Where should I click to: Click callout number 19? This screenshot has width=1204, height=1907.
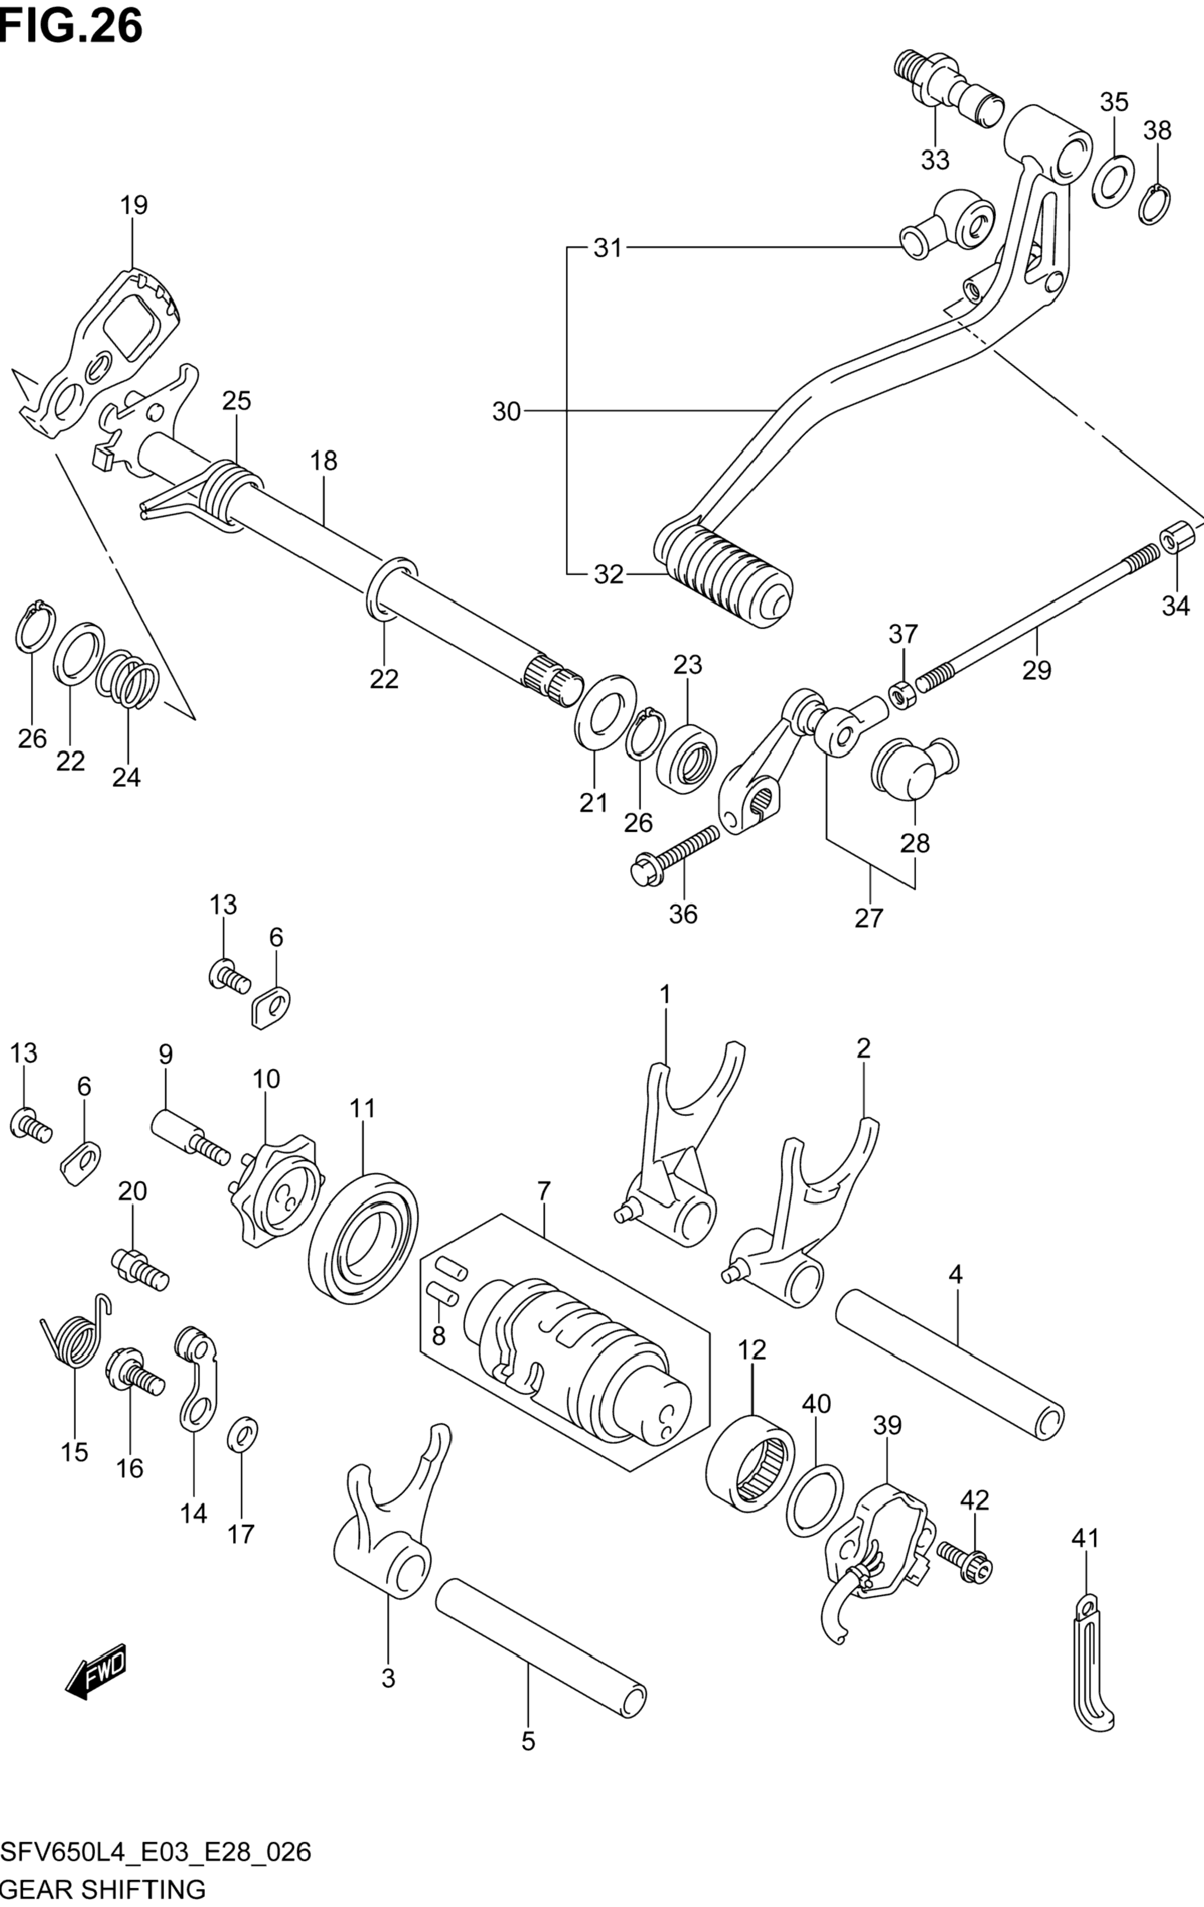(134, 205)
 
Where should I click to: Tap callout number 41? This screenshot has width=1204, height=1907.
(1085, 1538)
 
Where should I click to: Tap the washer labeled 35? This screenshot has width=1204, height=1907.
(1113, 182)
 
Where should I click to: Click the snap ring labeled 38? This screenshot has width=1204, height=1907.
(1157, 204)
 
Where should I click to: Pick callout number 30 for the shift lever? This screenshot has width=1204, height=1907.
(506, 411)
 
